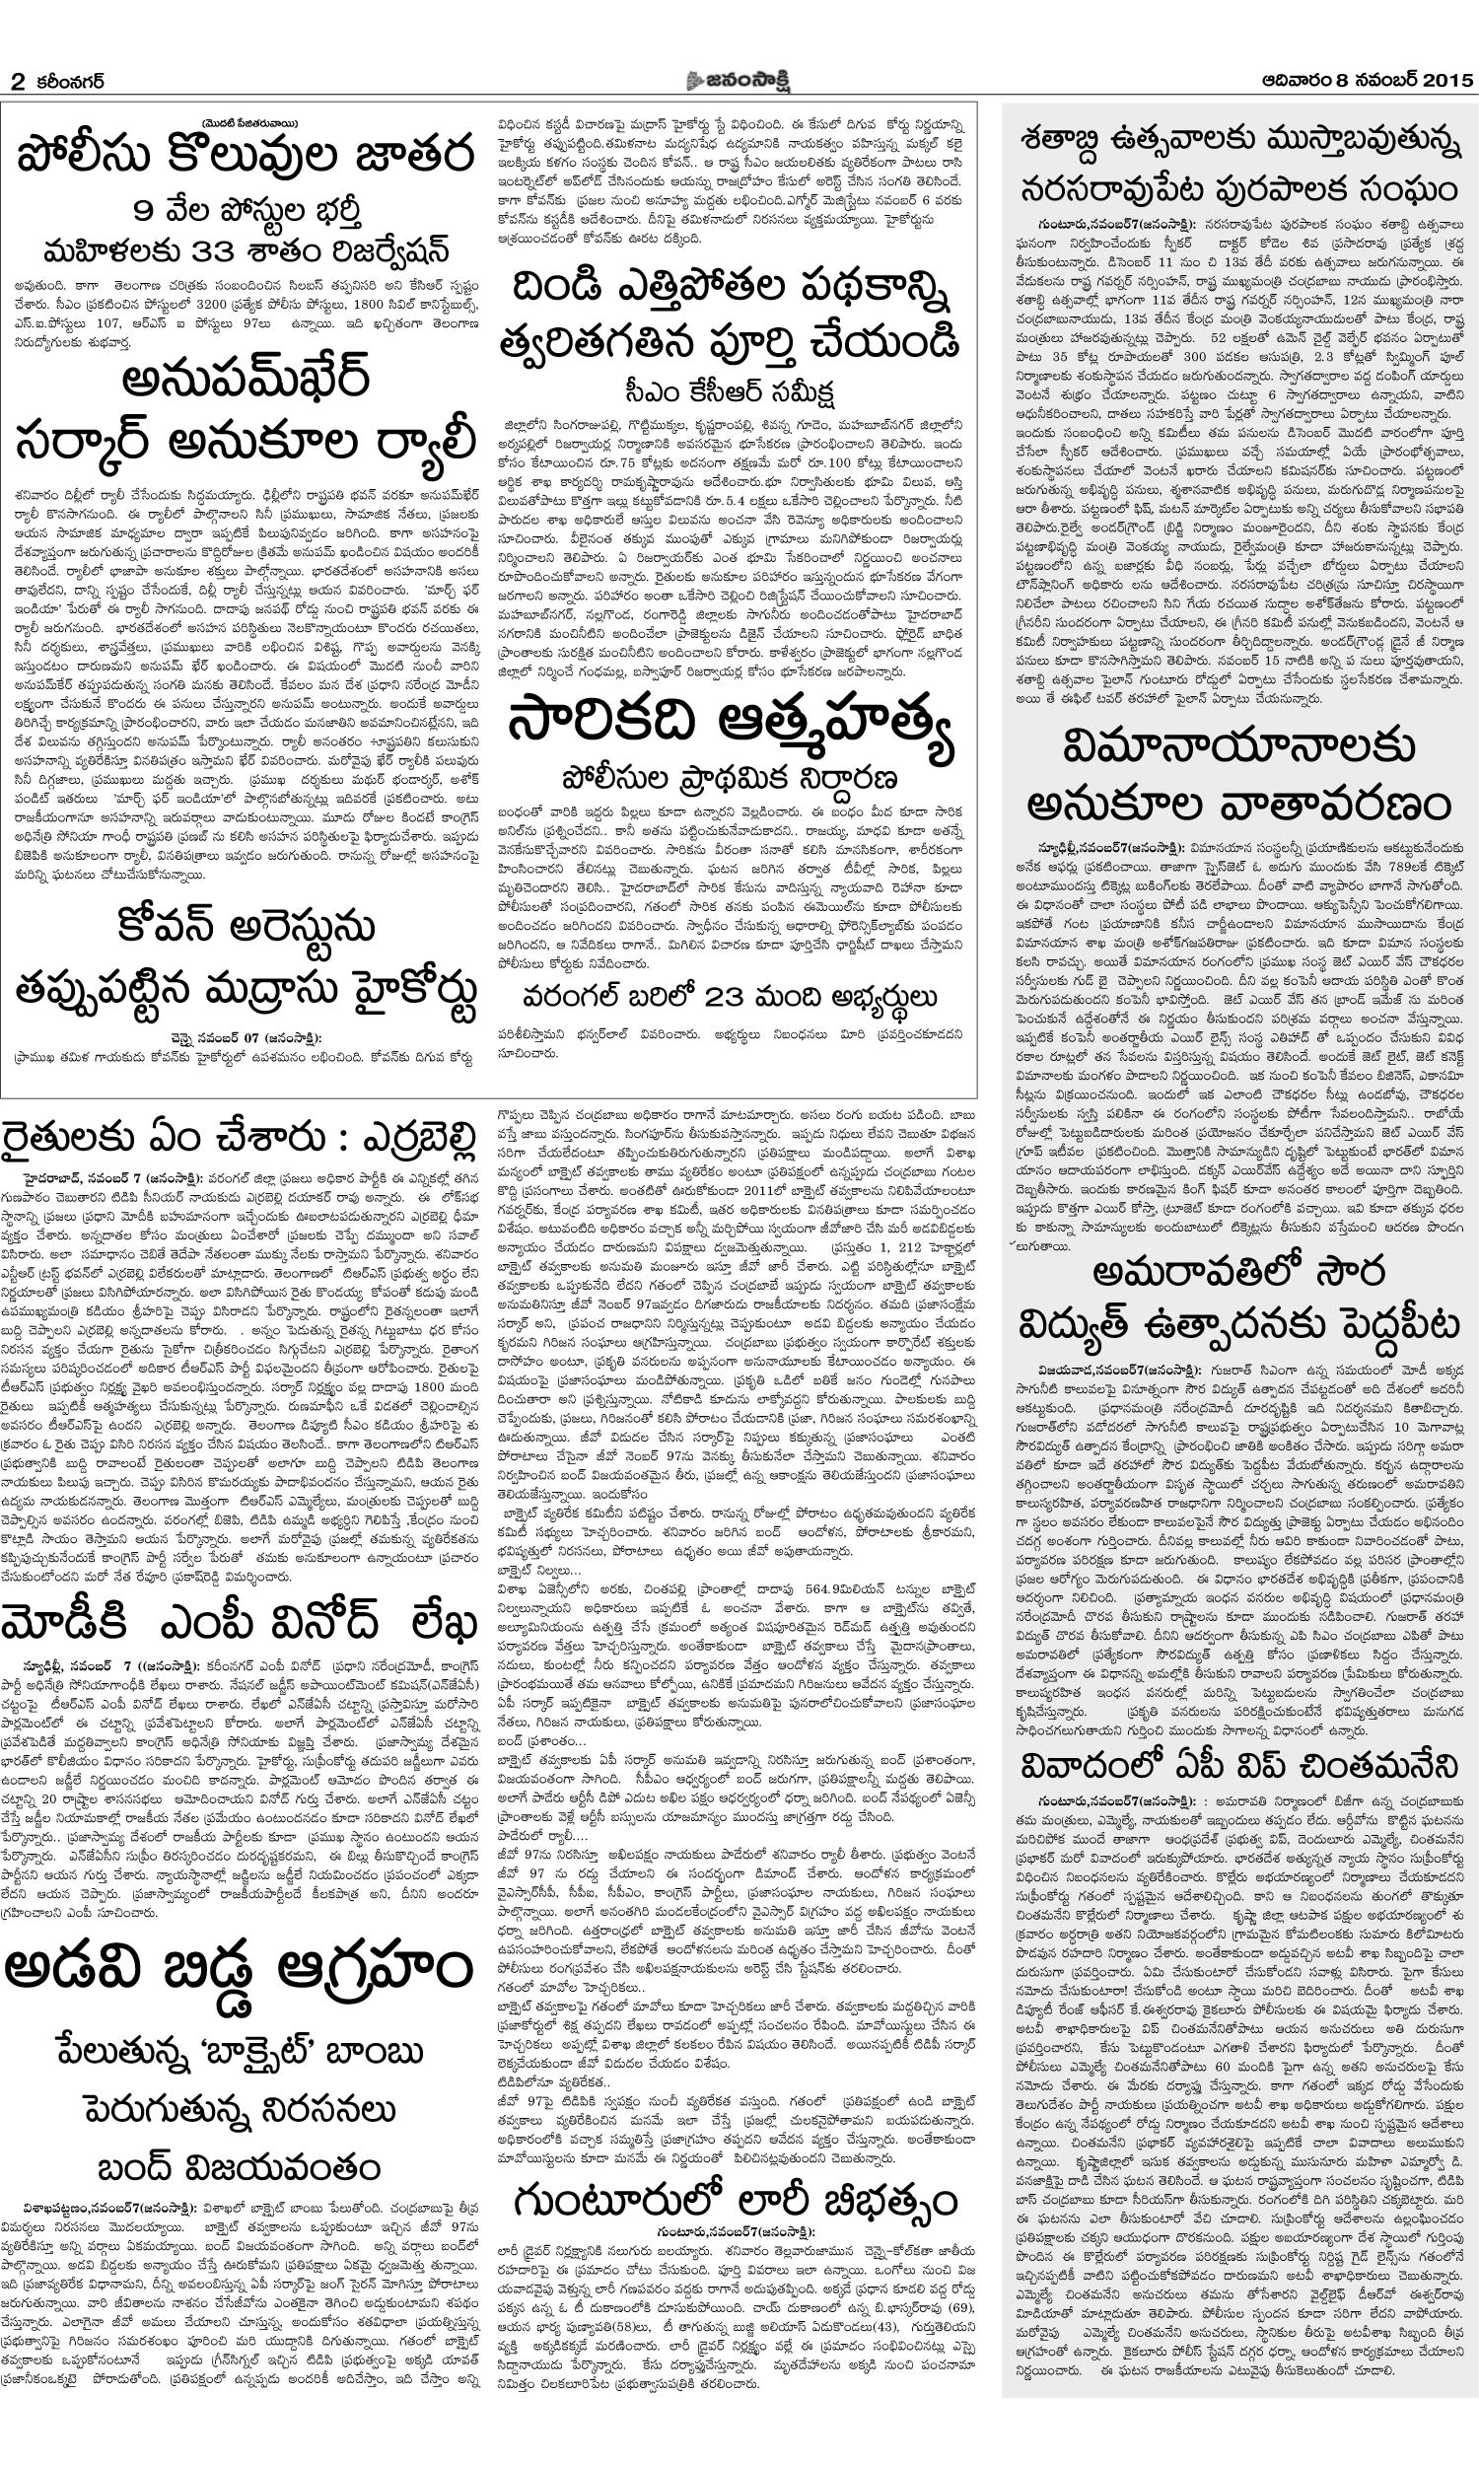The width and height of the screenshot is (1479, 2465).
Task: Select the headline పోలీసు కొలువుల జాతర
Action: (x=246, y=158)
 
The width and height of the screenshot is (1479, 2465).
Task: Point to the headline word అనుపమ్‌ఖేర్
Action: (x=246, y=380)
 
